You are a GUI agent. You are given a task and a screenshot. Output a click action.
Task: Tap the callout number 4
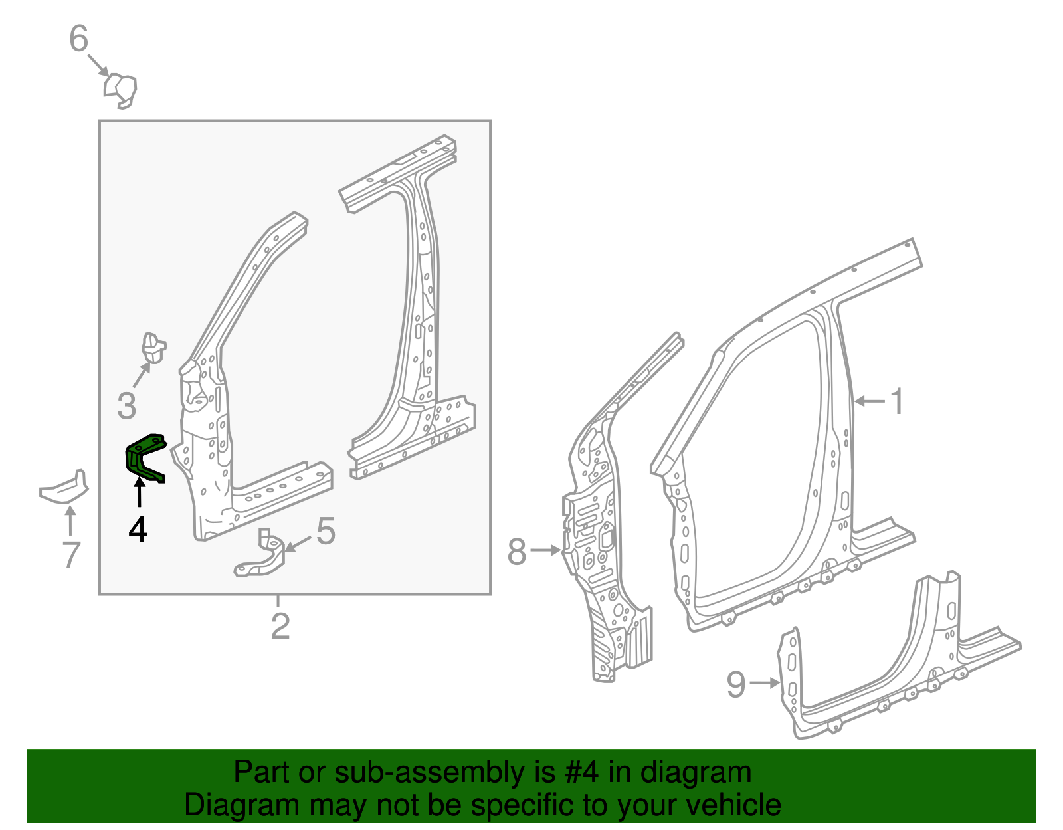[x=138, y=530]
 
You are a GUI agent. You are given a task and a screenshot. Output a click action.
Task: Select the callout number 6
[x=78, y=39]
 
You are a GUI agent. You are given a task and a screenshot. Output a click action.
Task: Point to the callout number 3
[x=126, y=405]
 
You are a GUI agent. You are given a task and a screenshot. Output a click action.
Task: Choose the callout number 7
[x=71, y=554]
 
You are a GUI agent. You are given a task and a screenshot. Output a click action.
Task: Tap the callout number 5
[x=326, y=532]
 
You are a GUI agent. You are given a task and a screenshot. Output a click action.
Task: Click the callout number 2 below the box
[x=280, y=627]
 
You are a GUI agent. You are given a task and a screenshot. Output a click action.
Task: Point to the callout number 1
[x=897, y=401]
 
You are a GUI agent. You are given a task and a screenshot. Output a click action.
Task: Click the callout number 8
[x=517, y=552]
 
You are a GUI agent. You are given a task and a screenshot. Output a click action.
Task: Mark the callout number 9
[x=736, y=684]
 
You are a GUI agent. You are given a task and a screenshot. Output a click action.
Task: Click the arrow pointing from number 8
[x=546, y=550]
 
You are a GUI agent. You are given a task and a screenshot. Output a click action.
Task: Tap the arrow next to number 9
[x=765, y=682]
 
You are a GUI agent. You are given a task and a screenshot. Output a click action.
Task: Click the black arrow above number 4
[x=140, y=495]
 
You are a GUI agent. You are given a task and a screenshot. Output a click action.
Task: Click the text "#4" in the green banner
[x=582, y=772]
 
